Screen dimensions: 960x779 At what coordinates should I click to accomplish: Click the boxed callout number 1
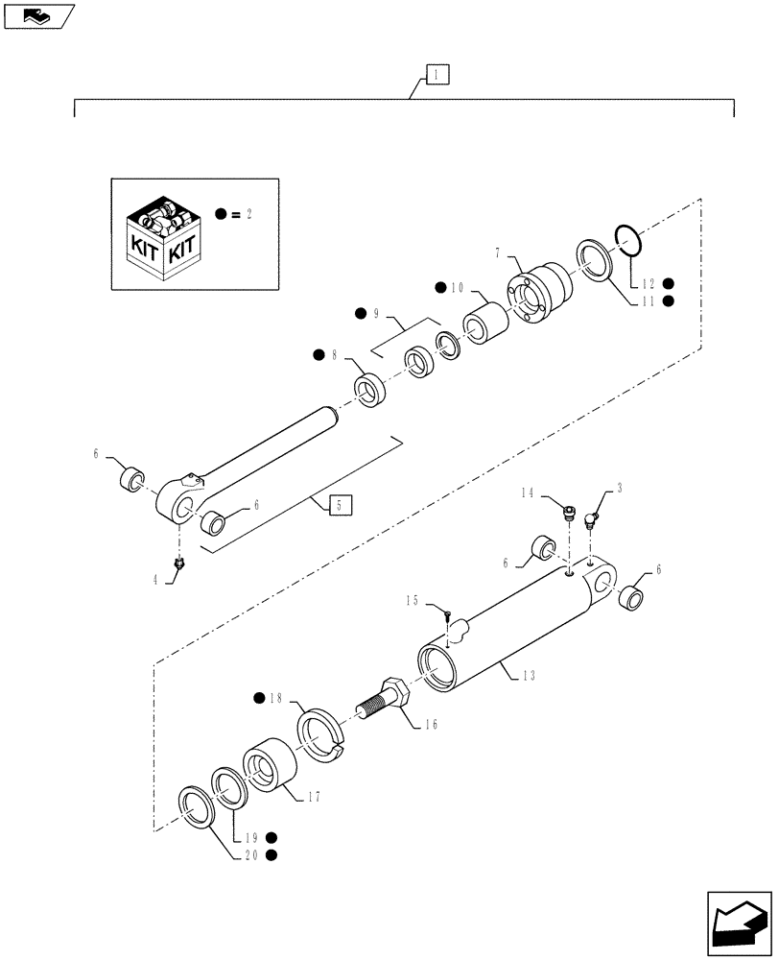(x=436, y=74)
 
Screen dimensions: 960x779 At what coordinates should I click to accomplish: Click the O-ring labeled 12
(x=626, y=241)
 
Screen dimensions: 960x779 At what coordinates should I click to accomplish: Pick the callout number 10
(x=458, y=287)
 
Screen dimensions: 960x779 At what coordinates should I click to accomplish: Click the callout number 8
(x=335, y=355)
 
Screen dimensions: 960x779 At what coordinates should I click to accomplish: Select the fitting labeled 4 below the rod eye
(x=177, y=569)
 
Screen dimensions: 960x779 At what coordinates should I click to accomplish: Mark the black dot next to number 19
(x=273, y=836)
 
